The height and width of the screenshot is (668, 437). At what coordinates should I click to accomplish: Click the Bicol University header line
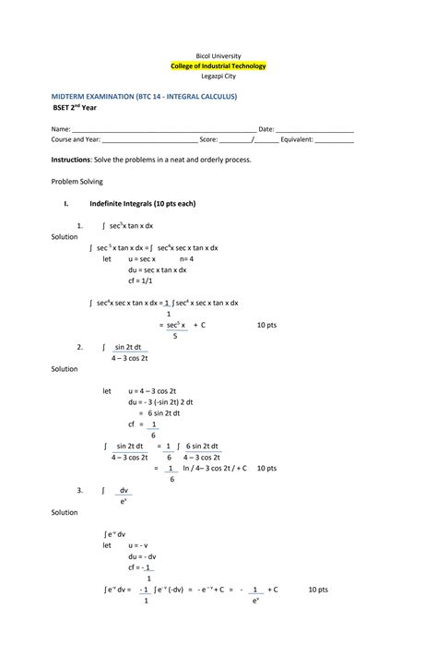click(x=218, y=55)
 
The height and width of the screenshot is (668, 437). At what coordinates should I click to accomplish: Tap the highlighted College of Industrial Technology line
click(x=218, y=66)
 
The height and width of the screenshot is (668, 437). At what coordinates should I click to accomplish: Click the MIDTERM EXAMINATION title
click(x=144, y=95)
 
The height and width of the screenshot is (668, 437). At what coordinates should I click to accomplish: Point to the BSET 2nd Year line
click(x=78, y=107)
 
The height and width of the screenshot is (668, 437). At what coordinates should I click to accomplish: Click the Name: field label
click(x=60, y=128)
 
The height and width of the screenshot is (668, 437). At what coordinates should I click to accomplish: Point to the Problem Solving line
click(x=77, y=182)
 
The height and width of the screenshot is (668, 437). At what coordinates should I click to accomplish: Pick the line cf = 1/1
click(x=143, y=280)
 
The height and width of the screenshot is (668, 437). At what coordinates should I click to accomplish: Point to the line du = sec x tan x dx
click(x=158, y=270)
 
